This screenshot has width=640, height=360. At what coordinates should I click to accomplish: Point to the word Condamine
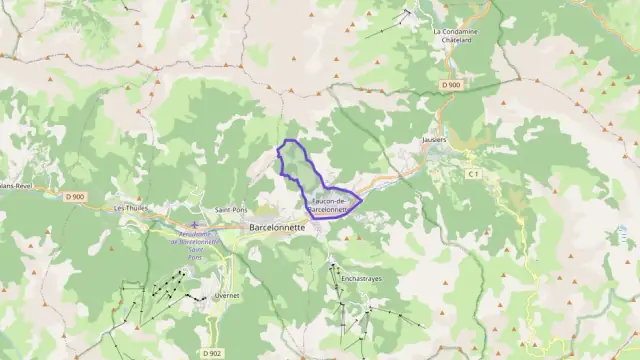pyautogui.click(x=460, y=31)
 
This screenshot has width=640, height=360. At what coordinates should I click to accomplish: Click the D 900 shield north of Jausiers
pyautogui.click(x=451, y=85)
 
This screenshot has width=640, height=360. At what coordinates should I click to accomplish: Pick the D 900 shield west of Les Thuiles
pyautogui.click(x=75, y=197)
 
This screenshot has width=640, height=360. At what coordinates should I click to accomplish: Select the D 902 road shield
pyautogui.click(x=211, y=353)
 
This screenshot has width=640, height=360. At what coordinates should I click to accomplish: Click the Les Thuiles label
pyautogui.click(x=131, y=208)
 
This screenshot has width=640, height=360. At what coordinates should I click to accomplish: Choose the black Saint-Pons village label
pyautogui.click(x=232, y=210)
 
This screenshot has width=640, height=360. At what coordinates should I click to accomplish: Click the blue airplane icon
pyautogui.click(x=194, y=225)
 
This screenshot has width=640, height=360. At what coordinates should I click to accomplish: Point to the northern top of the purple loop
pyautogui.click(x=290, y=140)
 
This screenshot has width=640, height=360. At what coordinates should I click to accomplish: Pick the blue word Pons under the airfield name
pyautogui.click(x=194, y=257)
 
